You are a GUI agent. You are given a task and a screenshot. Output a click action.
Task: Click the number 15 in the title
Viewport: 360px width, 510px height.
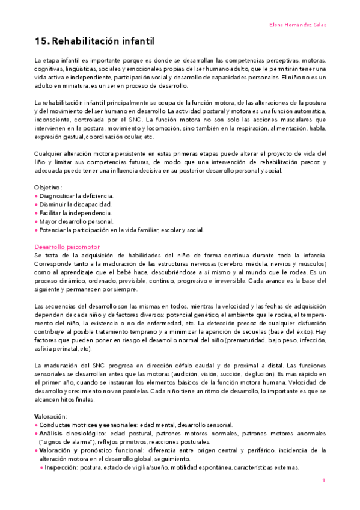point(41,41)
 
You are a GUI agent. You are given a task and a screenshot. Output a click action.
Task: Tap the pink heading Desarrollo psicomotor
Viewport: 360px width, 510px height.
point(67,247)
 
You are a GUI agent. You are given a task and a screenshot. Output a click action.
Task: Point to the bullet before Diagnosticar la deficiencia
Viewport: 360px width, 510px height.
point(37,196)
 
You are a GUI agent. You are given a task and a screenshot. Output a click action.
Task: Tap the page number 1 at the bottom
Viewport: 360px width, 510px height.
point(324,480)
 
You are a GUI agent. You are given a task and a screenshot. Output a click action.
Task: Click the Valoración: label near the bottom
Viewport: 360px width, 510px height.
point(51,416)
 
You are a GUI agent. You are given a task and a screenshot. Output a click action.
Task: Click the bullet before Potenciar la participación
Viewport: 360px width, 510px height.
point(37,230)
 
